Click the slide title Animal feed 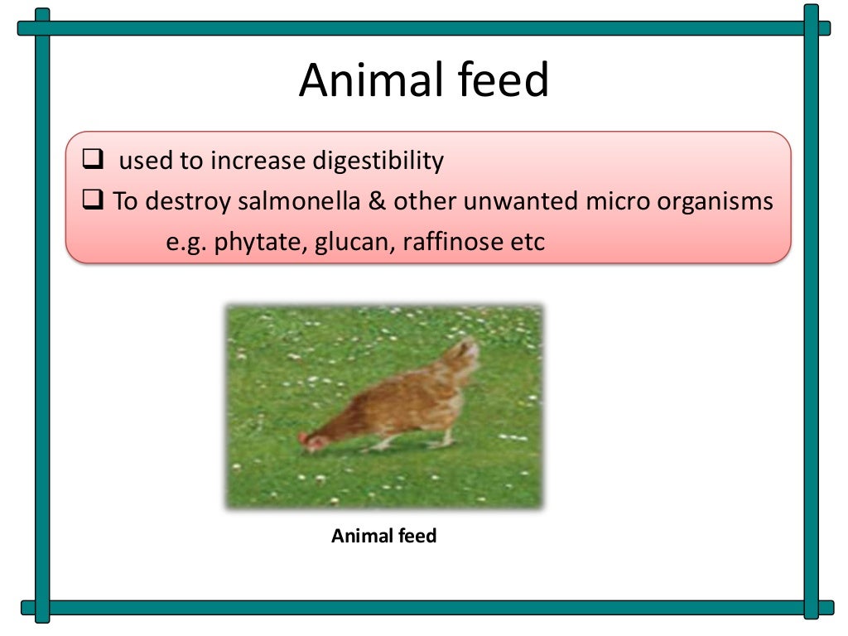point(424,81)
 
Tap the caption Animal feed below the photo point(383,536)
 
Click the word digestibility point(378,161)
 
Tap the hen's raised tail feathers point(466,352)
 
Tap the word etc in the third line point(529,243)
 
